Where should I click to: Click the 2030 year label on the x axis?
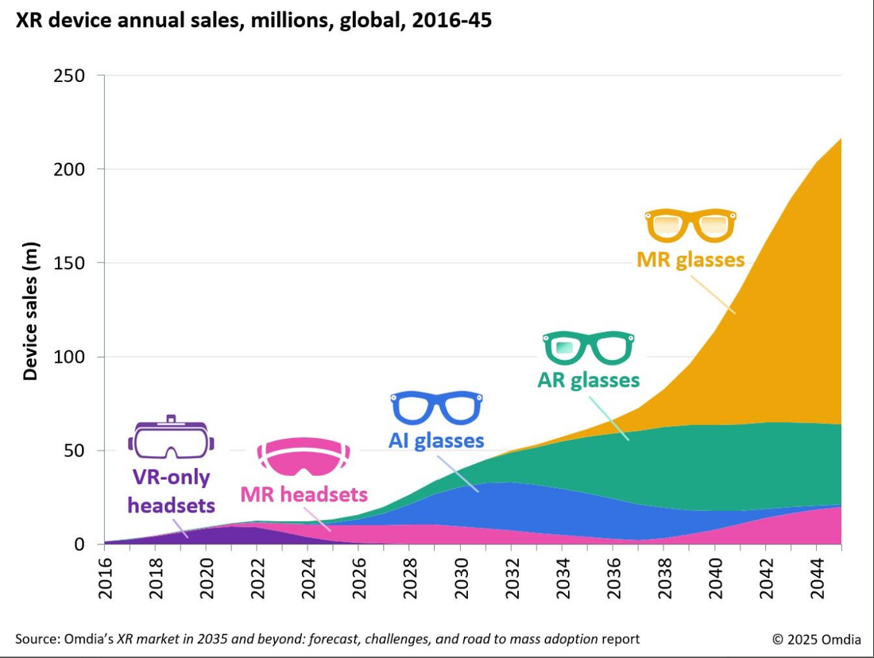[x=461, y=575]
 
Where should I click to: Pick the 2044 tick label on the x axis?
[x=816, y=575]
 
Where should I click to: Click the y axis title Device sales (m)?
[x=30, y=309]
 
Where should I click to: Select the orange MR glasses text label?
[x=690, y=260]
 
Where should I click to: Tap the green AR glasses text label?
[x=588, y=380]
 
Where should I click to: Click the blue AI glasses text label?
[x=436, y=440]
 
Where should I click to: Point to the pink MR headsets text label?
[x=304, y=495]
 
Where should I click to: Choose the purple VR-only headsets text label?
[x=172, y=491]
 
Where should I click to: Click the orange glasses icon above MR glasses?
[x=690, y=225]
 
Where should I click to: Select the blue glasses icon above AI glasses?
[x=436, y=408]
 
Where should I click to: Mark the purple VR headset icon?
[x=171, y=438]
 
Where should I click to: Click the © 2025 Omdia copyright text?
[x=816, y=639]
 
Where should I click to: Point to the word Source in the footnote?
[x=36, y=639]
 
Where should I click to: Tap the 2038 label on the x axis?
[x=664, y=575]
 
